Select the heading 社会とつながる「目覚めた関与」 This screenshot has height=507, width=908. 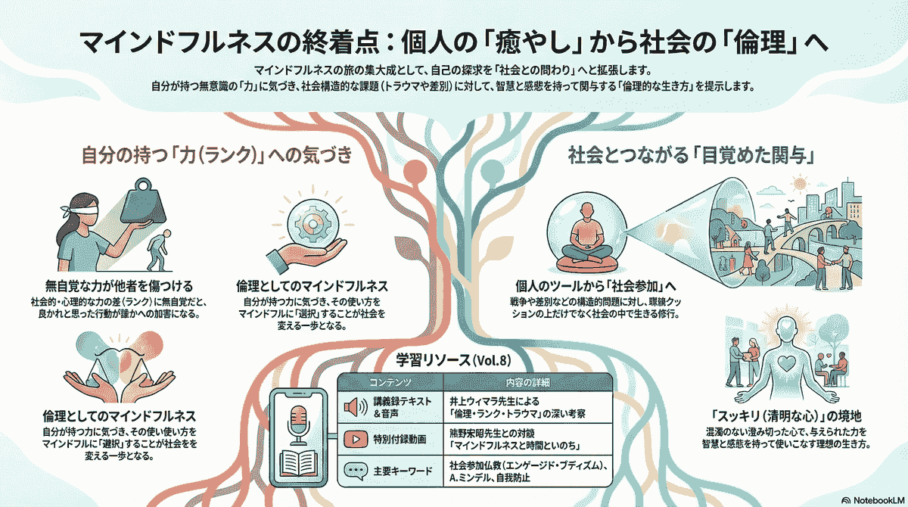click(690, 157)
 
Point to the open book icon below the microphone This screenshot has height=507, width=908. click(297, 461)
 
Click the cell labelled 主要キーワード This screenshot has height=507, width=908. click(403, 471)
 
